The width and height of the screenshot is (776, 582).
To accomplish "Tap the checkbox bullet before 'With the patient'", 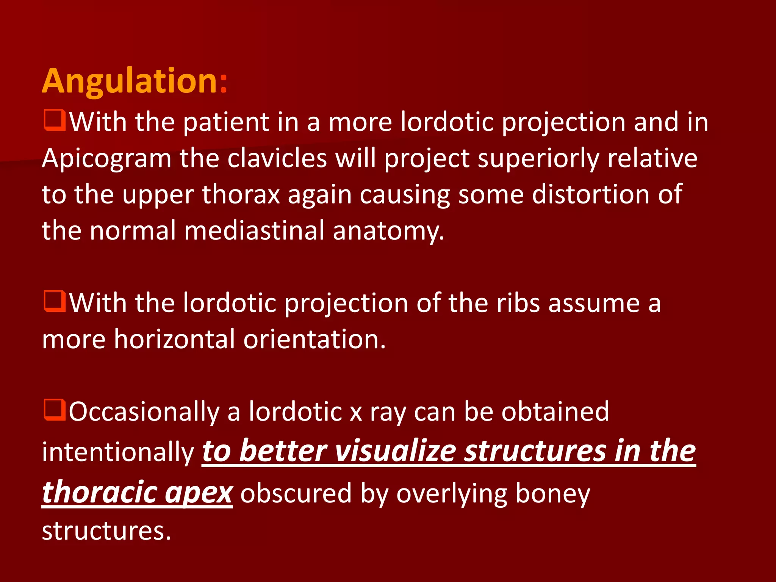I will [55, 120].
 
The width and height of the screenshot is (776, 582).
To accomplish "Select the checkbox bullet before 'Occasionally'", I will [55, 410].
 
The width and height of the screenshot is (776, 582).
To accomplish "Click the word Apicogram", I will [106, 158].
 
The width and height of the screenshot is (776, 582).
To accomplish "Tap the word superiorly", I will [538, 158].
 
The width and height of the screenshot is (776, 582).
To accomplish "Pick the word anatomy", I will [388, 231].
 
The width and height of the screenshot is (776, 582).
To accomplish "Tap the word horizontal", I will [174, 339].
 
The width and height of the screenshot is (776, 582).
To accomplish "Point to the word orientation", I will [314, 339].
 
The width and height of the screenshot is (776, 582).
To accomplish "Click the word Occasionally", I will [144, 412].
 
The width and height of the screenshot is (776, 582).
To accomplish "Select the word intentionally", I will [118, 452].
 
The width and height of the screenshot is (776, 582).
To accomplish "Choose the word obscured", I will [296, 493].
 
